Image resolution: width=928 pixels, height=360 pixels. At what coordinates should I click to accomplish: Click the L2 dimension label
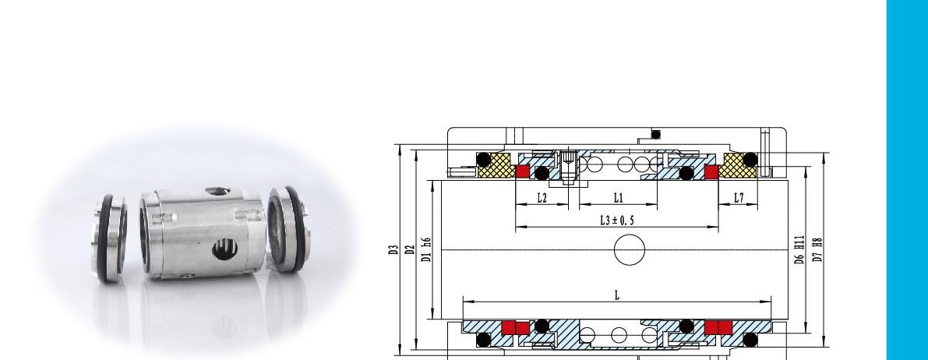click(x=542, y=198)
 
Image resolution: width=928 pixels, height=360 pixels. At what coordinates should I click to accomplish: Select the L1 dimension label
click(x=618, y=198)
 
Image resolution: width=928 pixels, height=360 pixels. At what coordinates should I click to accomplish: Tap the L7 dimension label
click(x=738, y=198)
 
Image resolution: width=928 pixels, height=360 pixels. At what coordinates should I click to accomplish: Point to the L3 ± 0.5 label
click(x=616, y=221)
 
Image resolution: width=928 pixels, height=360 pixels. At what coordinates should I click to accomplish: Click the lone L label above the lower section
click(x=616, y=295)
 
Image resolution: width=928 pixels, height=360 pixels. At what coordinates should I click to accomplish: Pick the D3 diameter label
click(x=393, y=250)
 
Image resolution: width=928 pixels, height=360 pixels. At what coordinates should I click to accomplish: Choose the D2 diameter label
click(x=410, y=250)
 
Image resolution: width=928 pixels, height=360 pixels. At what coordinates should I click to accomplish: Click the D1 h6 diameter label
click(x=426, y=249)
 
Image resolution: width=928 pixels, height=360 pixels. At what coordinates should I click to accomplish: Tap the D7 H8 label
click(x=817, y=249)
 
